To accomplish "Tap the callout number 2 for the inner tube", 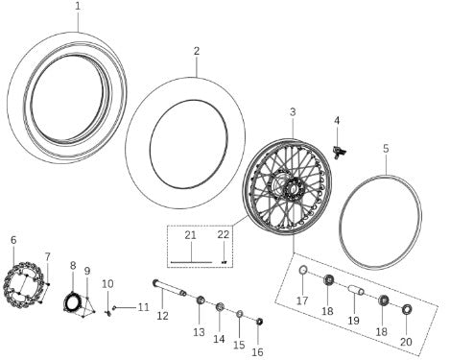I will click(196, 51).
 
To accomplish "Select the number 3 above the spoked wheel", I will click(293, 112).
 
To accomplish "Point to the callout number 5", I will click(386, 149).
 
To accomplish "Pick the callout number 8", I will click(73, 265).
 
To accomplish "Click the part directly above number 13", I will click(200, 303).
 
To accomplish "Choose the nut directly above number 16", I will click(260, 320).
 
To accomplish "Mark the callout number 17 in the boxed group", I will click(302, 300).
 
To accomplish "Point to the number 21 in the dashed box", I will click(189, 235).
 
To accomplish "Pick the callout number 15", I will click(240, 344).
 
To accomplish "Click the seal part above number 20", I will click(406, 309).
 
